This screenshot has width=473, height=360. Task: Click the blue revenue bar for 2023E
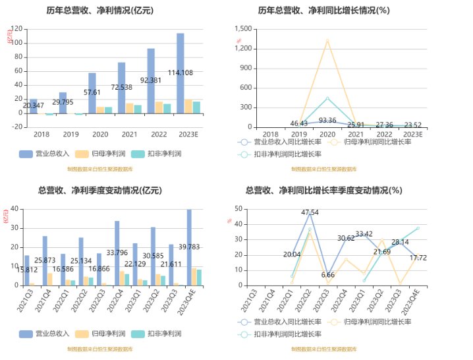tap(181, 73)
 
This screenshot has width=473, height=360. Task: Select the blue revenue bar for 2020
tap(92, 93)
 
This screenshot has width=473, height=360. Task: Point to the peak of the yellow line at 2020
tap(327, 40)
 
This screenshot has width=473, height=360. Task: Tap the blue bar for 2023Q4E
tap(189, 247)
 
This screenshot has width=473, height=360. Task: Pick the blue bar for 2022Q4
tap(117, 253)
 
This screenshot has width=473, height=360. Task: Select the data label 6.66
tap(327, 274)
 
